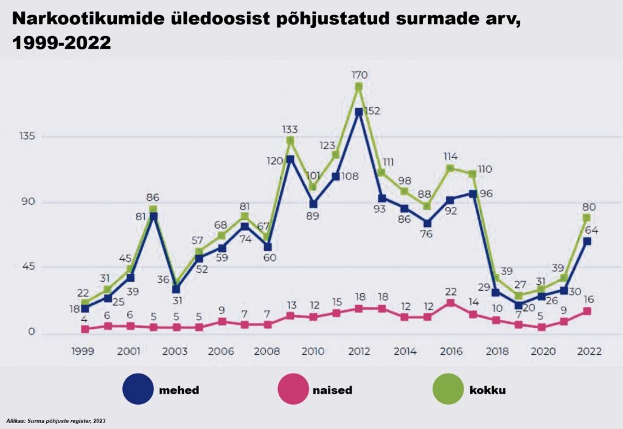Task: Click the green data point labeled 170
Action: pos(359,86)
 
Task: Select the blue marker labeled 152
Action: pos(359,112)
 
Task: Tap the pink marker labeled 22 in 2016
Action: pos(451,303)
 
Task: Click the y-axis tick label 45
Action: pos(28,267)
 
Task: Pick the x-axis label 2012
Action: pos(359,351)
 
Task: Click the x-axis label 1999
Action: pos(83,351)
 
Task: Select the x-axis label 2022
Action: pos(589,351)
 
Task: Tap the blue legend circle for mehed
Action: pos(138,389)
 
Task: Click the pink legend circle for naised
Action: pos(293,389)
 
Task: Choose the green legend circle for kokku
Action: pos(448,389)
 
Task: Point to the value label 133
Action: pos(290,130)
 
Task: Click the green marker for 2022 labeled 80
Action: pos(586,218)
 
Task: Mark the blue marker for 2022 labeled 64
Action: pos(586,241)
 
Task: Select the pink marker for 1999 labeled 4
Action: pos(85,329)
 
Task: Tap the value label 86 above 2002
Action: pos(153,197)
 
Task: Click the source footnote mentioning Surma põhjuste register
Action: pos(55,420)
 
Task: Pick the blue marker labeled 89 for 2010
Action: pos(313,204)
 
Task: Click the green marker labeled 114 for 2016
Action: pos(451,169)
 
